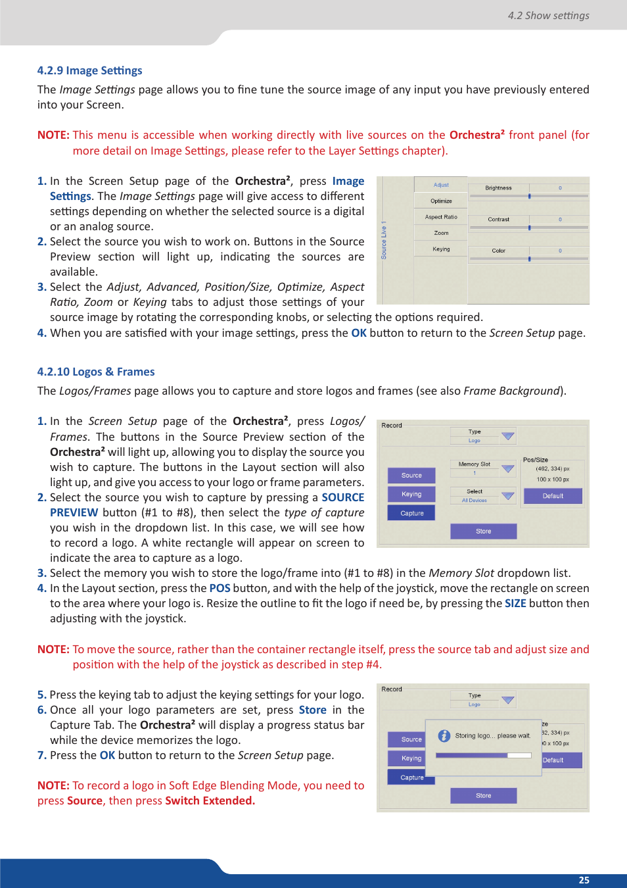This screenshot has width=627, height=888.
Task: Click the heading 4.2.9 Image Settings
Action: (89, 70)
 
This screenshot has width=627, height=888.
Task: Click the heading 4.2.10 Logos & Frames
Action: (96, 372)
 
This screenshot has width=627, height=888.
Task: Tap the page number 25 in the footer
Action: (584, 880)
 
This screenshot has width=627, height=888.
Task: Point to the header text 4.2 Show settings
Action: (548, 15)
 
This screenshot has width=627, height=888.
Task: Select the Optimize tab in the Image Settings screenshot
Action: (441, 201)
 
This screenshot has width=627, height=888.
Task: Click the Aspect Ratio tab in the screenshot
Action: (441, 216)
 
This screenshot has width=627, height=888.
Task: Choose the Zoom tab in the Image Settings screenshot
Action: (441, 233)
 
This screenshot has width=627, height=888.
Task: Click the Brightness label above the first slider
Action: (498, 188)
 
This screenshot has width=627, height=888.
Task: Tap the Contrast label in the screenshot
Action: (498, 219)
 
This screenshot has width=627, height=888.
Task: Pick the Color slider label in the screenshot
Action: (498, 251)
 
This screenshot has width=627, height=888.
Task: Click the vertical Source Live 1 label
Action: (384, 240)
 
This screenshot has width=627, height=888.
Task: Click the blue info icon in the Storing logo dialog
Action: (444, 735)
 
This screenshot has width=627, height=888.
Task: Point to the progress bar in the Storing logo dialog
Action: (483, 755)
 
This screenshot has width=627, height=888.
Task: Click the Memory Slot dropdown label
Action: (474, 464)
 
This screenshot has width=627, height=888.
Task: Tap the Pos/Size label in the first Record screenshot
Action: (535, 460)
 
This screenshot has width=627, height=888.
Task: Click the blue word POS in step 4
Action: (220, 588)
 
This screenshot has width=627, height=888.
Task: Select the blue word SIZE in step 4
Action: (515, 603)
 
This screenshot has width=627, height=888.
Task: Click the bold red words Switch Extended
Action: (210, 801)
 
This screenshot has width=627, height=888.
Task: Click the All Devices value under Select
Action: (474, 501)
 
